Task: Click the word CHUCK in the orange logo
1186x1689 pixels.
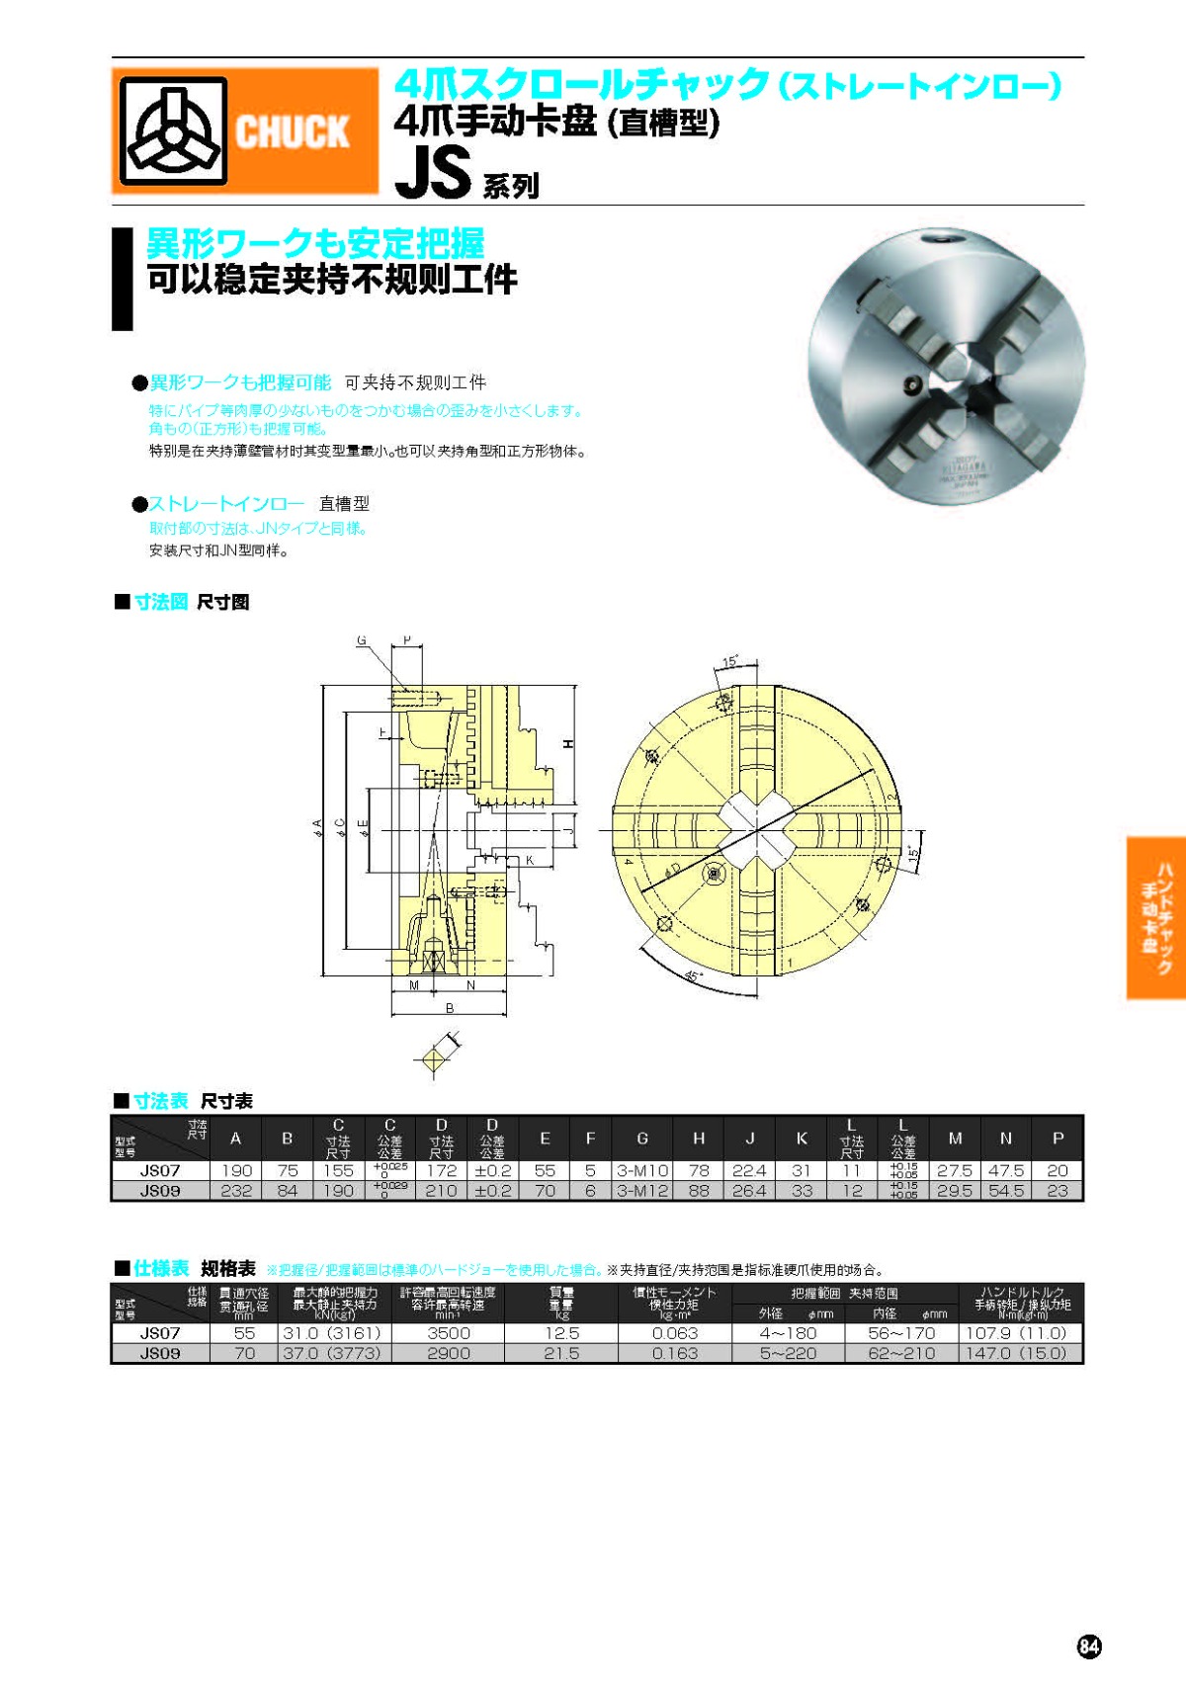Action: click(293, 131)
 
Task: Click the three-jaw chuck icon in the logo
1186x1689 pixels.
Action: click(174, 132)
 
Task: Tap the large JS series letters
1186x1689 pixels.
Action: click(432, 173)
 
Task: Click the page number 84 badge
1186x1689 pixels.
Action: click(1088, 1646)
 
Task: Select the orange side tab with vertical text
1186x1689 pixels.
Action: click(1155, 918)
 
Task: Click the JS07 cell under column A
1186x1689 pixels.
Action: click(236, 1170)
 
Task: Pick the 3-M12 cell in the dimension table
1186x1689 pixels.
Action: click(642, 1191)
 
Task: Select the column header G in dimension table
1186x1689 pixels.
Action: click(642, 1139)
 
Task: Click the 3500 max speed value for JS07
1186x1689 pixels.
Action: click(448, 1333)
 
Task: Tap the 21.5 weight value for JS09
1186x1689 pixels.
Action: click(561, 1353)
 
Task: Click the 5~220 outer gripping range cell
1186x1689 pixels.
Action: click(788, 1353)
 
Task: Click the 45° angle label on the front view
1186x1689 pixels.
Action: click(694, 976)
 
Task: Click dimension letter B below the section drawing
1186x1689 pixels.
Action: click(450, 1008)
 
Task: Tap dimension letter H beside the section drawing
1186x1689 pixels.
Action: click(568, 743)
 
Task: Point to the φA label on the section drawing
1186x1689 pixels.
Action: click(317, 828)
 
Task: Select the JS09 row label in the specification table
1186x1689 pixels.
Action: click(160, 1353)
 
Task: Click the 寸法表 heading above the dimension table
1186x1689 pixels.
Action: click(161, 1101)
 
